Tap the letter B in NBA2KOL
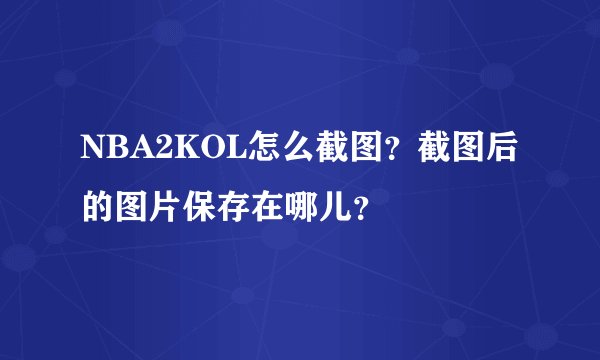coord(114,149)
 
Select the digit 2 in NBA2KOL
coord(156,149)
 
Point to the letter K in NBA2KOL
coord(176,149)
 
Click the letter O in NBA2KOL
coord(199,149)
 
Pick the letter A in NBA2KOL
coord(136,149)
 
